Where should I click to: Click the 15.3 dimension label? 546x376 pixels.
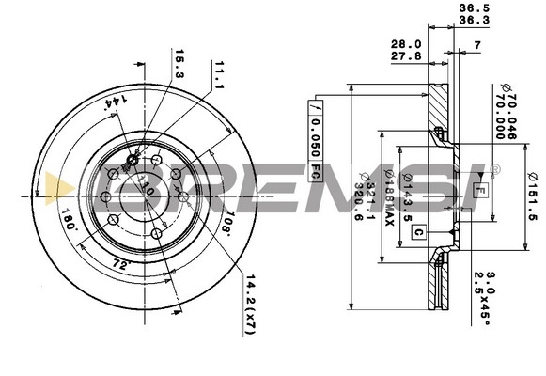tap(179, 65)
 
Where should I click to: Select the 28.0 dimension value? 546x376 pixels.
tap(405, 44)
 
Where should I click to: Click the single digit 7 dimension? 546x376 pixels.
tap(477, 45)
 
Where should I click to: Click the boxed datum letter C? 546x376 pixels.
tap(418, 231)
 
